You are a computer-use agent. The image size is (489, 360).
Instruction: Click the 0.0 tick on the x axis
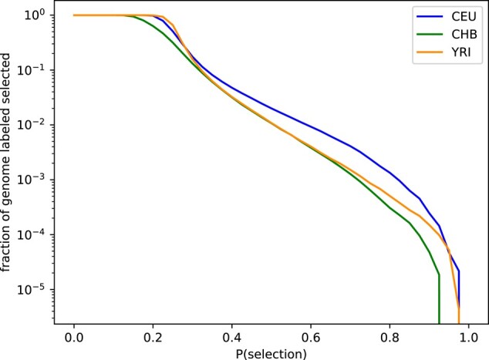point(74,338)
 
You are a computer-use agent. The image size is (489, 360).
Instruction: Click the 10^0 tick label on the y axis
point(37,15)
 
